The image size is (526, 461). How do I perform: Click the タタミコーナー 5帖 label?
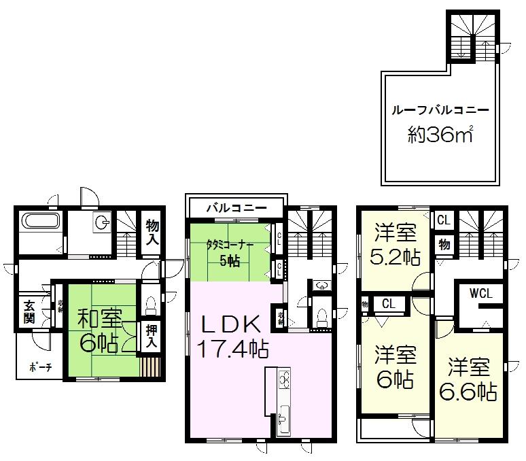click(x=233, y=249)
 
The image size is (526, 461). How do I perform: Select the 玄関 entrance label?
click(x=30, y=312)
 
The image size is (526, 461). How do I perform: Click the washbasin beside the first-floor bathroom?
click(x=102, y=222)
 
